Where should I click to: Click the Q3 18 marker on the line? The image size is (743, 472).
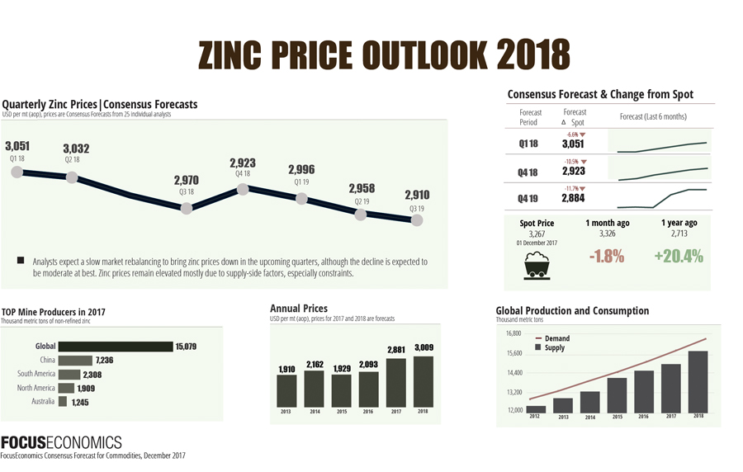(187, 208)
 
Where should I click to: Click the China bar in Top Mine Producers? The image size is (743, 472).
(75, 361)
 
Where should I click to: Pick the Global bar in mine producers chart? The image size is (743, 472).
(115, 347)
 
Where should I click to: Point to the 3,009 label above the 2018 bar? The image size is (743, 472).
(424, 347)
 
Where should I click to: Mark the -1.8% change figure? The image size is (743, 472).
(607, 257)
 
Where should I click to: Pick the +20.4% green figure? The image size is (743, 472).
(679, 257)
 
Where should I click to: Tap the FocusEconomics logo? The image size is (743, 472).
(61, 441)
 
